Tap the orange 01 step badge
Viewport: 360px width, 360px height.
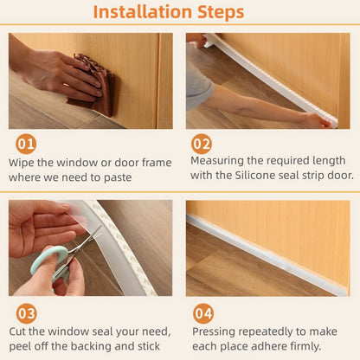pyautogui.click(x=27, y=145)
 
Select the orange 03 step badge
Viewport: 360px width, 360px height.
pyautogui.click(x=27, y=312)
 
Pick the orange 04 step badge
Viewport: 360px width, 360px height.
pyautogui.click(x=203, y=312)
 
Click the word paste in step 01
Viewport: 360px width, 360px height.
pyautogui.click(x=118, y=177)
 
